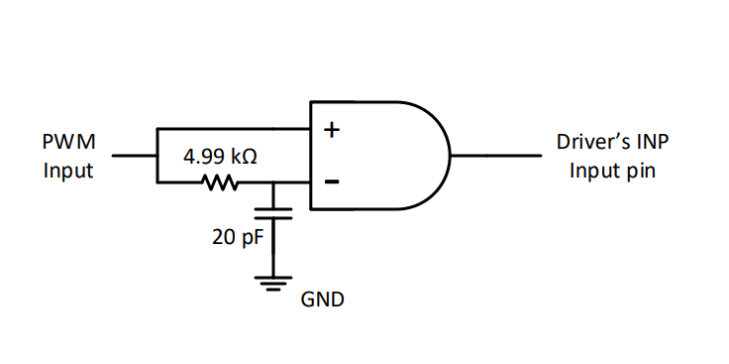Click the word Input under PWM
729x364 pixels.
[68, 170]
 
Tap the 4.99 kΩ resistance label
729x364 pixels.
[220, 157]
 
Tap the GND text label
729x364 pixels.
[323, 299]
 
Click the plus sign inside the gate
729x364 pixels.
[332, 129]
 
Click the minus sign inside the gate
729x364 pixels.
[332, 182]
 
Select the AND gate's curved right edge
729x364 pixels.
[441, 156]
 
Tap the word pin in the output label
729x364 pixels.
[641, 170]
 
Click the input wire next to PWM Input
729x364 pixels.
[134, 156]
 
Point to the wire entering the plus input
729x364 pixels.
[238, 129]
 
